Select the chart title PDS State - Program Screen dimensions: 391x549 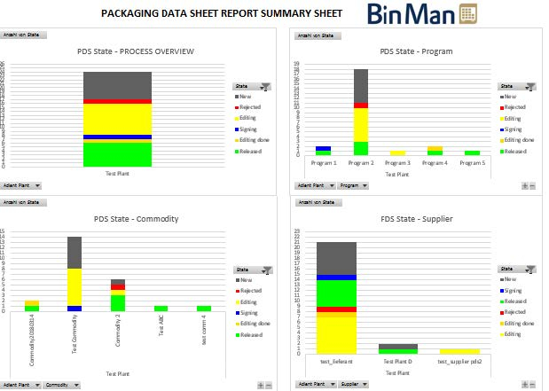(x=415, y=51)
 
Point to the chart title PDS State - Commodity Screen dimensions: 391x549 (x=137, y=219)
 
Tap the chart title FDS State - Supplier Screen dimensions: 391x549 (x=415, y=219)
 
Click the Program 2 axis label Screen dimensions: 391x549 (x=360, y=163)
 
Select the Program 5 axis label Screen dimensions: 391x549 (x=472, y=163)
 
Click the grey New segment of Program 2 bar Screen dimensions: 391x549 (x=360, y=85)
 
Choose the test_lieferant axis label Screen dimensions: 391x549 (x=330, y=361)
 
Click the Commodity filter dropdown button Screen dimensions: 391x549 (x=61, y=385)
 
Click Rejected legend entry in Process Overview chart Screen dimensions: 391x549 (x=249, y=107)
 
